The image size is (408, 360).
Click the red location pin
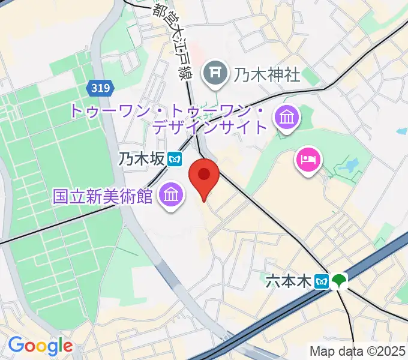point(203,176)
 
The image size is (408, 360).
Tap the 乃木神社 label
point(266,75)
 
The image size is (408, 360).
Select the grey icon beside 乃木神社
point(215,74)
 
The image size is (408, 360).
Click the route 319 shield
point(101,88)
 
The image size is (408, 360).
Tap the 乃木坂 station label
point(141,159)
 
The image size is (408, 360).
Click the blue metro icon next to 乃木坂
point(175,159)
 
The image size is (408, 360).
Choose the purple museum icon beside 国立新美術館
point(171,195)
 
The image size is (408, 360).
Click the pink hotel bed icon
point(308,160)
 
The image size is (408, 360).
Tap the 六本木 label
point(289,281)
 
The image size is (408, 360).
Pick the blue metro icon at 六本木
point(323,281)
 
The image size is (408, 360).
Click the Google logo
point(40,346)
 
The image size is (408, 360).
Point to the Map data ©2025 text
point(358,351)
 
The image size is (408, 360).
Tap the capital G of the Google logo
point(17,345)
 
